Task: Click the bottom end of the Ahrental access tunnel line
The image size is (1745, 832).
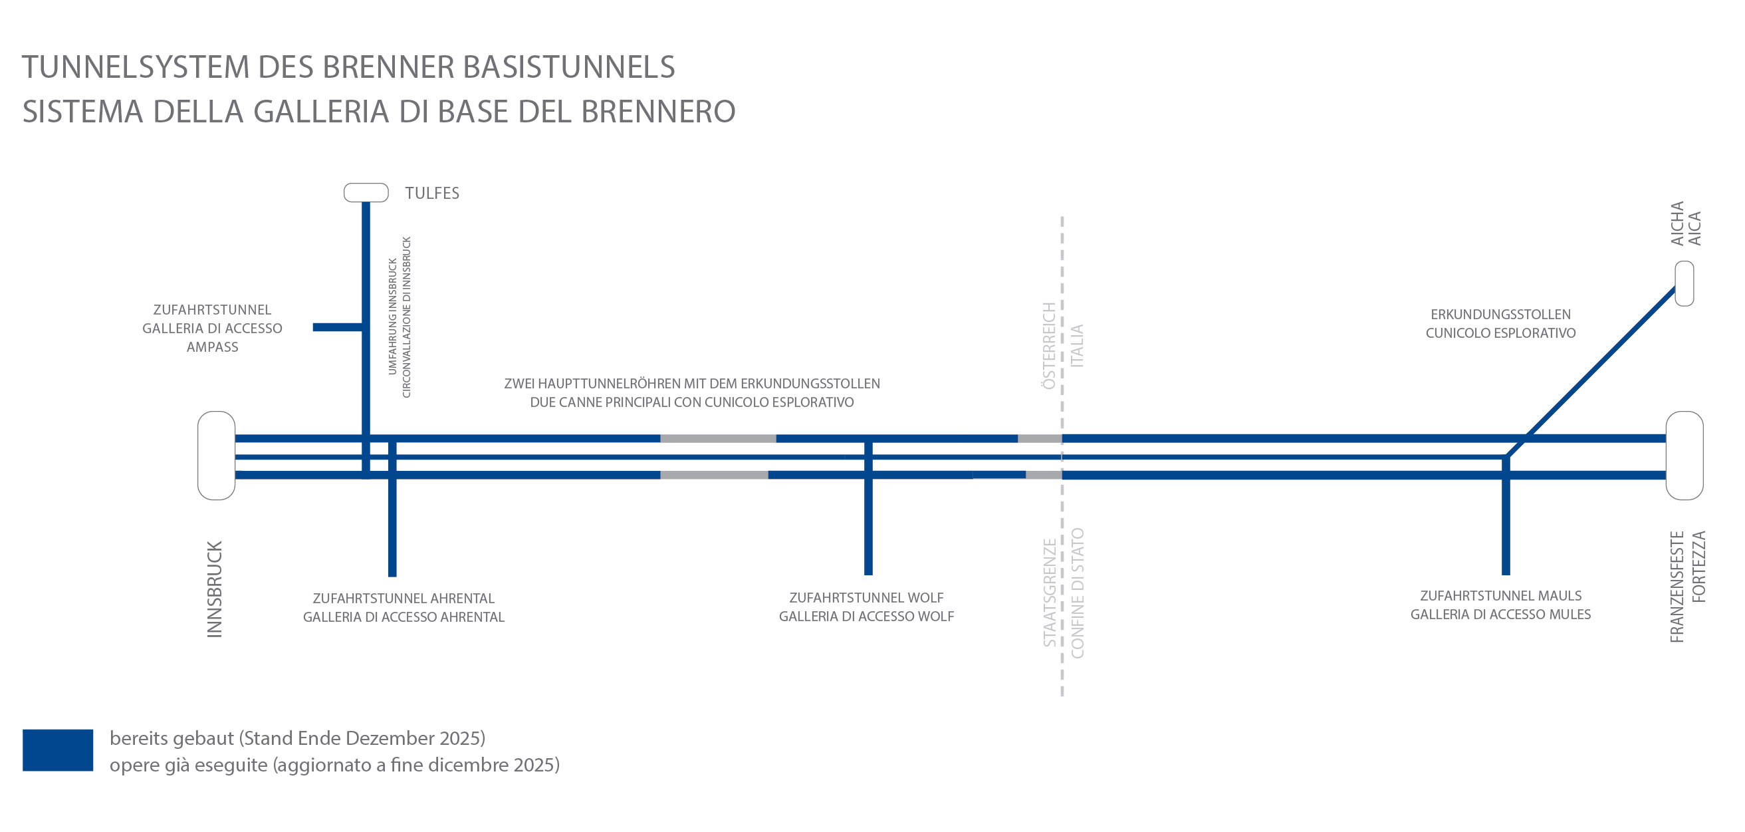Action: [x=392, y=576]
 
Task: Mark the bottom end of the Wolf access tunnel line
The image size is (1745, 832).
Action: [x=868, y=575]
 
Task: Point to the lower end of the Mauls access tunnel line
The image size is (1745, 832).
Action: [x=1506, y=575]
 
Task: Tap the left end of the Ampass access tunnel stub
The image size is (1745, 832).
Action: [x=314, y=327]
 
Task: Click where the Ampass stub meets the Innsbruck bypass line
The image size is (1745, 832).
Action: [x=366, y=327]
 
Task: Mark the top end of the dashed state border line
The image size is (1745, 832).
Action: [x=1062, y=217]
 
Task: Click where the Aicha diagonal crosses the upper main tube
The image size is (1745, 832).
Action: [x=1526, y=438]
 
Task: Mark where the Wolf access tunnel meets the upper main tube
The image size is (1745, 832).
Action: [x=868, y=438]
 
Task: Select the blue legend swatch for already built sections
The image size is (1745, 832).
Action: [x=58, y=750]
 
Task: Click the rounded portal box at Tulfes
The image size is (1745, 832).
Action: [x=366, y=192]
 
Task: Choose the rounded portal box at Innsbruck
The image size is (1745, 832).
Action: [x=216, y=456]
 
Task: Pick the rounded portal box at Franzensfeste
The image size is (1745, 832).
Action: [x=1684, y=456]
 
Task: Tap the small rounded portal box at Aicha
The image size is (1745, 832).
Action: [x=1684, y=283]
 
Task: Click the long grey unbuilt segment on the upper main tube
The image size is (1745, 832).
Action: [x=718, y=438]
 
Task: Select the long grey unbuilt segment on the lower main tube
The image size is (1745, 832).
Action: [x=714, y=475]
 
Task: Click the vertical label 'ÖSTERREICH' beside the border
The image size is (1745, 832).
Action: [x=1048, y=346]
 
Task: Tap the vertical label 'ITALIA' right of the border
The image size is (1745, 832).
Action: [x=1076, y=346]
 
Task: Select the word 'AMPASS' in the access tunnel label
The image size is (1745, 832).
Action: [x=213, y=347]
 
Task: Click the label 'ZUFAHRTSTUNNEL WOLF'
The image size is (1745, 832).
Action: [x=866, y=598]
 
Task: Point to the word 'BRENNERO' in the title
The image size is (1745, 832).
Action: [x=658, y=112]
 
